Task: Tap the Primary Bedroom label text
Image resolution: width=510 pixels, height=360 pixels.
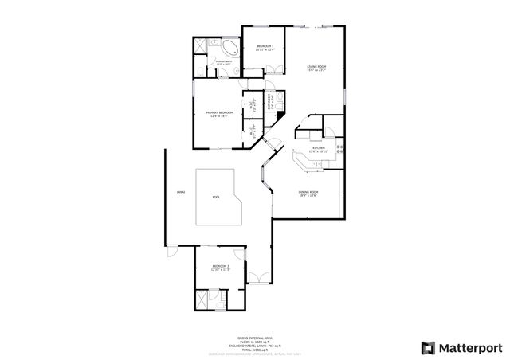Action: point(220,114)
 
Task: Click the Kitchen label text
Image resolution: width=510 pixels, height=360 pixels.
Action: point(319,149)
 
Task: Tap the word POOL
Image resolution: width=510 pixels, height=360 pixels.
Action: point(216,198)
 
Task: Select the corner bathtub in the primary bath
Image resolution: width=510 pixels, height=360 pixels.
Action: point(229,45)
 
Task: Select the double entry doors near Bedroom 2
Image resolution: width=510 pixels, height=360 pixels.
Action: point(261,279)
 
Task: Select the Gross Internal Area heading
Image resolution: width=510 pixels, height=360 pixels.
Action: point(253,338)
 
